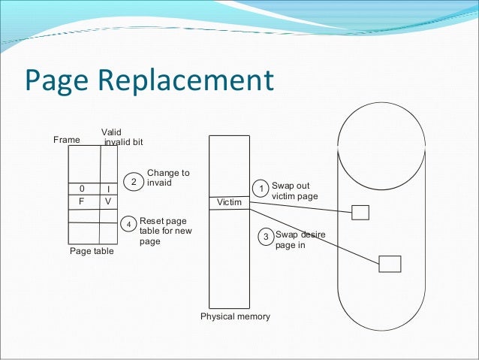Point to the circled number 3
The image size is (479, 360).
click(x=265, y=237)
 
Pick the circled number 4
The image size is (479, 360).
click(x=129, y=224)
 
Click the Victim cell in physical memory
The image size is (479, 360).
click(x=230, y=203)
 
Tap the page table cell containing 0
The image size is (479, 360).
click(x=82, y=189)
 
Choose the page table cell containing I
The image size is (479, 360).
click(x=108, y=189)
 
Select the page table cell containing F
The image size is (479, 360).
click(x=82, y=201)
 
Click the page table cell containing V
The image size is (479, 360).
click(x=108, y=201)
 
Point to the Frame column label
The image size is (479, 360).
click(x=66, y=140)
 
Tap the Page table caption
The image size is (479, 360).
click(x=92, y=251)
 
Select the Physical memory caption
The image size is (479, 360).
click(x=235, y=316)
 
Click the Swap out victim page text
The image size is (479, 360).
click(x=294, y=191)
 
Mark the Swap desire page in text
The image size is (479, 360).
click(x=300, y=239)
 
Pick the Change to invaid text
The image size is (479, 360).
click(x=168, y=177)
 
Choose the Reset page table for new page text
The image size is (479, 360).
click(x=166, y=231)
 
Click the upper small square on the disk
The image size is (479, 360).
click(x=360, y=212)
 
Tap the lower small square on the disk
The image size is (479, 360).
click(x=390, y=263)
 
